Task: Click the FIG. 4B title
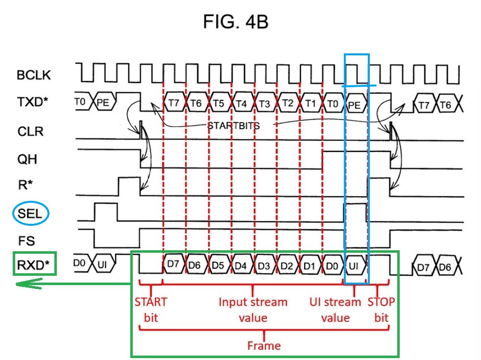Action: pyautogui.click(x=236, y=22)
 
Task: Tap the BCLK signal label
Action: pyautogui.click(x=34, y=75)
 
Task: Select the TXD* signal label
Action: pyautogui.click(x=33, y=102)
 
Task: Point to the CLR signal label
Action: pyautogui.click(x=30, y=132)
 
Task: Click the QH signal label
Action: pyautogui.click(x=27, y=159)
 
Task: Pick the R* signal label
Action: pyautogui.click(x=25, y=185)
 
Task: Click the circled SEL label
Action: pyautogui.click(x=30, y=214)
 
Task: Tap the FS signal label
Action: pyautogui.click(x=26, y=240)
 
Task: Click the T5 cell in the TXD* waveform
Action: pyautogui.click(x=219, y=103)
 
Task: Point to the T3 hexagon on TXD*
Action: pyautogui.click(x=265, y=104)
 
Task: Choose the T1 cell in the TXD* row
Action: pyautogui.click(x=311, y=103)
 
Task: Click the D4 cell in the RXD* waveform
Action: pyautogui.click(x=241, y=265)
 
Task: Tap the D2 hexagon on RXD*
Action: pyautogui.click(x=287, y=265)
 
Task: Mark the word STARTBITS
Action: pyautogui.click(x=234, y=126)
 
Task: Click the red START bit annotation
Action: pyautogui.click(x=151, y=310)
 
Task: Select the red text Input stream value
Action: pyautogui.click(x=253, y=310)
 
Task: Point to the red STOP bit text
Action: pyautogui.click(x=381, y=310)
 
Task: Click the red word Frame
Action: pyautogui.click(x=264, y=346)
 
